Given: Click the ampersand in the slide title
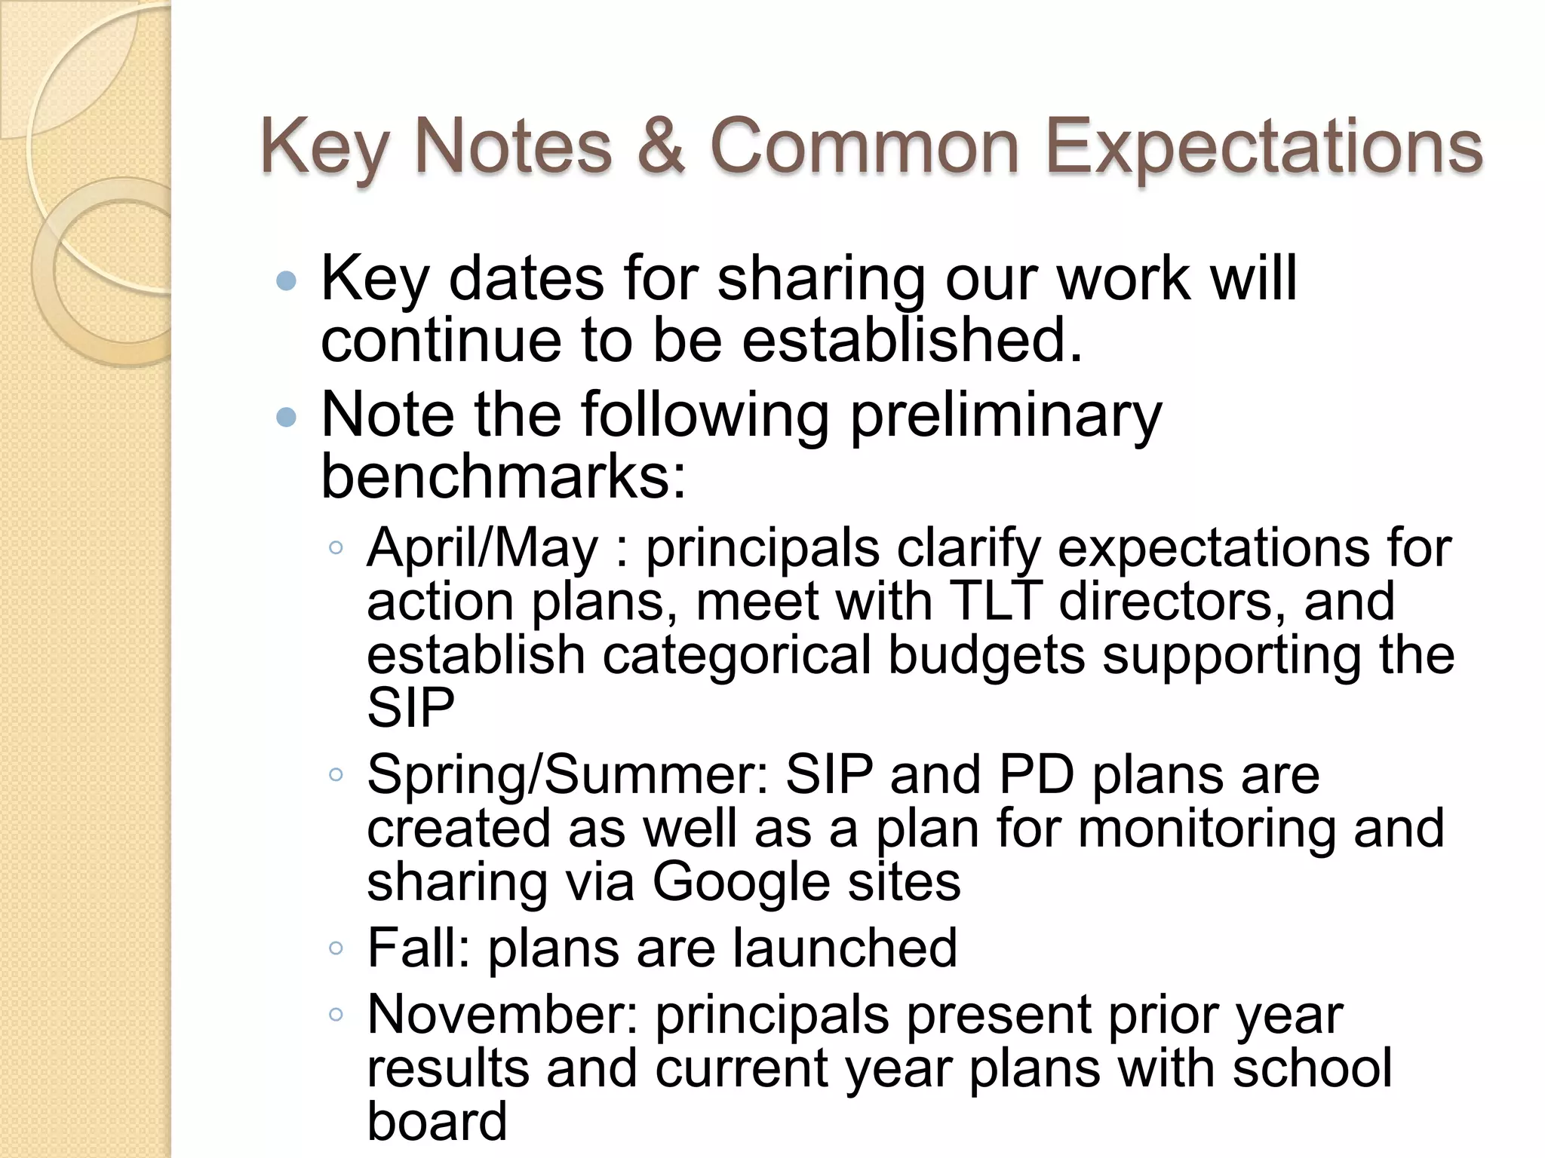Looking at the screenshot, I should coord(661,148).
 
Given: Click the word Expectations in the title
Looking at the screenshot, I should coord(1264,148).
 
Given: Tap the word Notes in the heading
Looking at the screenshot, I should coord(513,148).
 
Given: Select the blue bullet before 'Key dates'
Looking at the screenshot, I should coord(287,282).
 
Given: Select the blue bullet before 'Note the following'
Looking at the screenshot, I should coord(287,417).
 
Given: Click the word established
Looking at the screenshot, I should coord(912,341).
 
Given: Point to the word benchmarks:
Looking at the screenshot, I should coord(504,478).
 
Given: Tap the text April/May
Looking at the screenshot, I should coord(483,548).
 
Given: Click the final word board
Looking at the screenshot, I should coord(437,1122).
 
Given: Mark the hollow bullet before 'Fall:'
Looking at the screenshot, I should coord(336,949).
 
